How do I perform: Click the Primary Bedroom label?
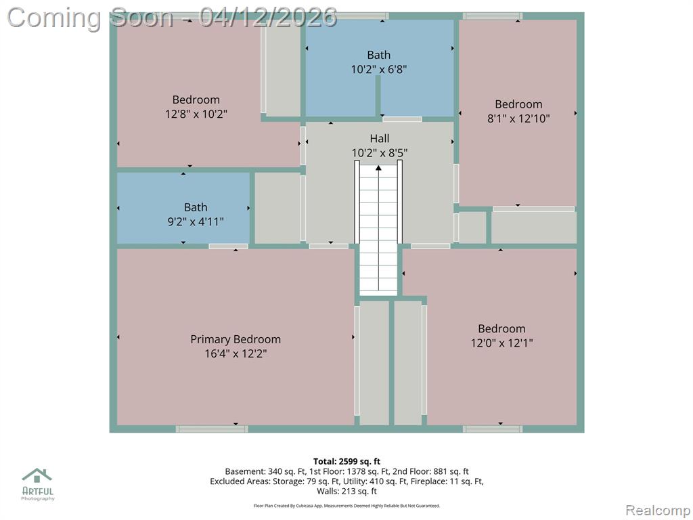pyautogui.click(x=236, y=339)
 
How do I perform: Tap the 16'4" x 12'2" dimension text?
pyautogui.click(x=236, y=353)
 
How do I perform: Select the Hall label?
pyautogui.click(x=379, y=138)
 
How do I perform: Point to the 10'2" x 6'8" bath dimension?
pyautogui.click(x=379, y=69)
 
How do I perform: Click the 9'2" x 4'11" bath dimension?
pyautogui.click(x=196, y=221)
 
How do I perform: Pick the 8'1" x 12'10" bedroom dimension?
pyautogui.click(x=518, y=118)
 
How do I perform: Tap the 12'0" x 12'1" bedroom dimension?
pyautogui.click(x=501, y=343)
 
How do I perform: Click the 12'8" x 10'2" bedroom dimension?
pyautogui.click(x=196, y=114)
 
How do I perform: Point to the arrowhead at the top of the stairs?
pyautogui.click(x=379, y=168)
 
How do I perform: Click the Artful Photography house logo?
pyautogui.click(x=37, y=475)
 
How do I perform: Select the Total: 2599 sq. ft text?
pyautogui.click(x=347, y=462)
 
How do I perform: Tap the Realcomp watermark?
pyautogui.click(x=658, y=511)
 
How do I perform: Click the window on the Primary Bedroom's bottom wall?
pyautogui.click(x=212, y=429)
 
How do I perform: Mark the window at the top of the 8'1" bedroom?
pyautogui.click(x=493, y=16)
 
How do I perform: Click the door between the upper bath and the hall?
pyautogui.click(x=402, y=119)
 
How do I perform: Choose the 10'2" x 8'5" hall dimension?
pyautogui.click(x=379, y=153)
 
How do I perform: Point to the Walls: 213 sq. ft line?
pyautogui.click(x=347, y=492)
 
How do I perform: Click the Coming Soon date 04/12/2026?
pyautogui.click(x=268, y=18)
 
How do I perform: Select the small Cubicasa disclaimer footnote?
pyautogui.click(x=347, y=506)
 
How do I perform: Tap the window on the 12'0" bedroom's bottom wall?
pyautogui.click(x=493, y=429)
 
